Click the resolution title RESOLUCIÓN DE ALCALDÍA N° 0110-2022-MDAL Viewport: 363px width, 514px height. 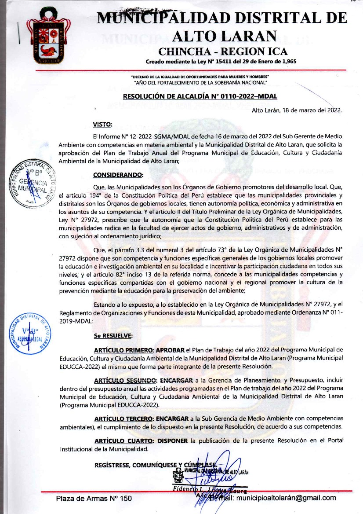pyautogui.click(x=200, y=96)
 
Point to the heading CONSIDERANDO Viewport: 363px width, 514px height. pyautogui.click(x=118, y=175)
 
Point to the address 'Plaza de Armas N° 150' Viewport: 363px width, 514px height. pyautogui.click(x=94, y=499)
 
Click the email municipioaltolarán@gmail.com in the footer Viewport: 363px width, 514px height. pyautogui.click(x=286, y=498)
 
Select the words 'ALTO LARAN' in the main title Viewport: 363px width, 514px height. pyautogui.click(x=225, y=35)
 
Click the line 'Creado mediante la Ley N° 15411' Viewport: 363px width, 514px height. pyautogui.click(x=221, y=61)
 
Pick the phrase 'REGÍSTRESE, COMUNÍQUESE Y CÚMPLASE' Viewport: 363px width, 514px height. pyautogui.click(x=154, y=465)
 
